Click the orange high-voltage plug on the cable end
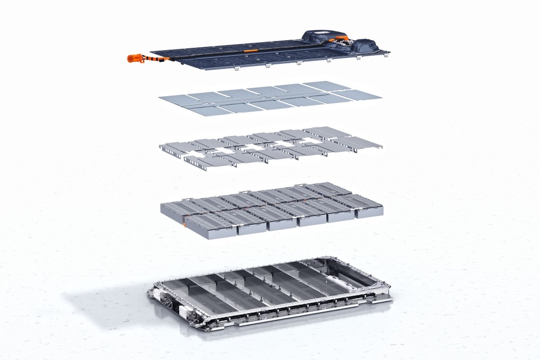point(134,58)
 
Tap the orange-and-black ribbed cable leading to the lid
point(154,60)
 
